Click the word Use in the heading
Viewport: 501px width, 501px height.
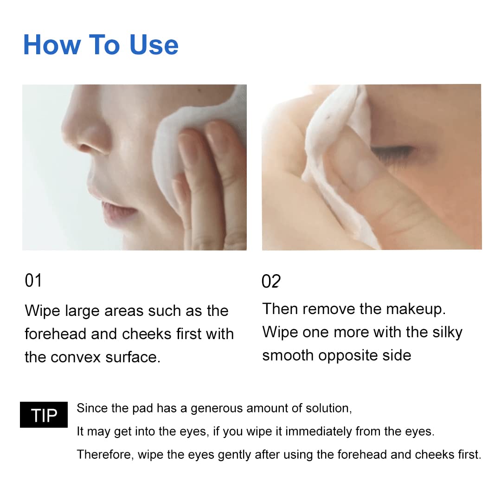coord(154,45)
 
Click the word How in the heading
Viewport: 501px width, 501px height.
coord(52,45)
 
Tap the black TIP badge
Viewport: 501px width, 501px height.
coord(44,415)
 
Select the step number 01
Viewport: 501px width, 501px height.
coord(33,281)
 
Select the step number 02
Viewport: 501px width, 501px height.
coord(271,281)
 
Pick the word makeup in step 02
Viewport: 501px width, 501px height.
coord(416,309)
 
